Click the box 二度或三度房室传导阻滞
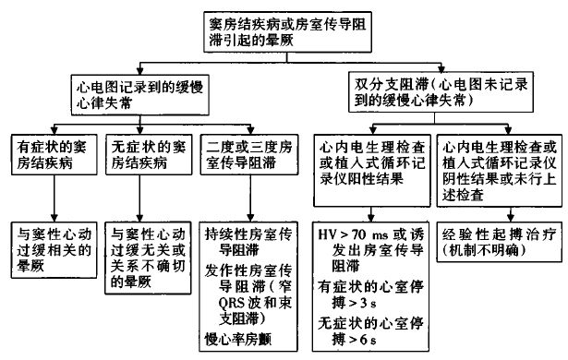pos(241,158)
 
